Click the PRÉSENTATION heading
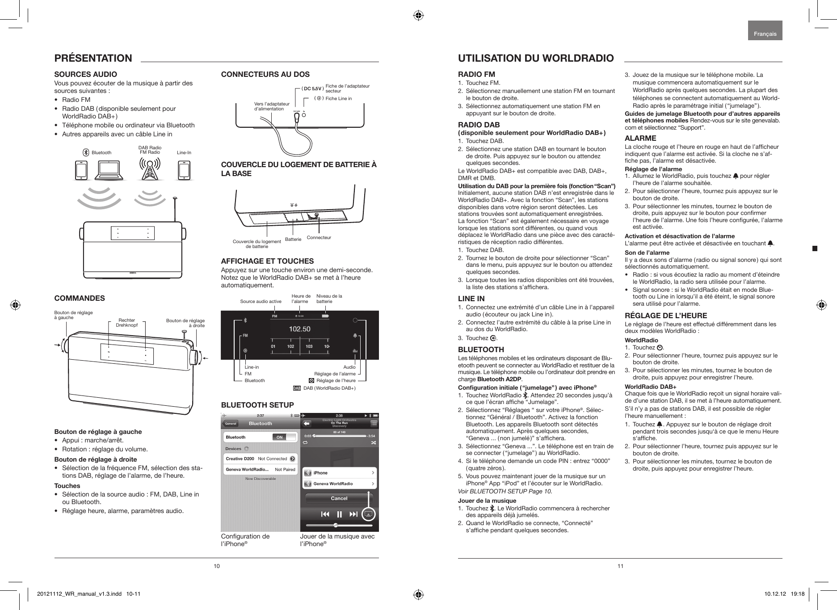tap(93, 58)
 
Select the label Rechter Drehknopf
tap(126, 323)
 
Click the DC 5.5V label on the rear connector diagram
tap(313, 88)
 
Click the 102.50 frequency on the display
tap(299, 329)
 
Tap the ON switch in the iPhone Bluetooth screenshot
tap(279, 437)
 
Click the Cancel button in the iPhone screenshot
tap(339, 498)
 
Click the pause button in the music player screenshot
tap(339, 514)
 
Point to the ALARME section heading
tap(640, 138)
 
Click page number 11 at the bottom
tap(620, 566)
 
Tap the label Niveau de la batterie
tap(329, 299)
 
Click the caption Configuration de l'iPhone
tap(245, 540)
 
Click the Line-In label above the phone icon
tap(184, 153)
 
